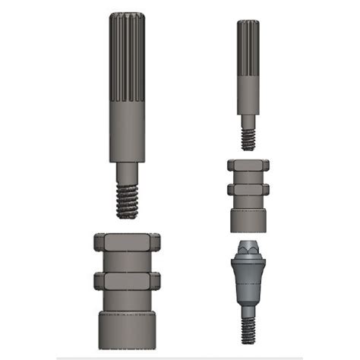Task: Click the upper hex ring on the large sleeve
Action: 127,243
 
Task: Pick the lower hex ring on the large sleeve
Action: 127,281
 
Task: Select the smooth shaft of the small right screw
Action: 248,94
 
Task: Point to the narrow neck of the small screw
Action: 248,121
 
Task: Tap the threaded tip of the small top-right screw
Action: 248,139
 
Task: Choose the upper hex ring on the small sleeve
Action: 248,165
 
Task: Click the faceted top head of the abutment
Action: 248,249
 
